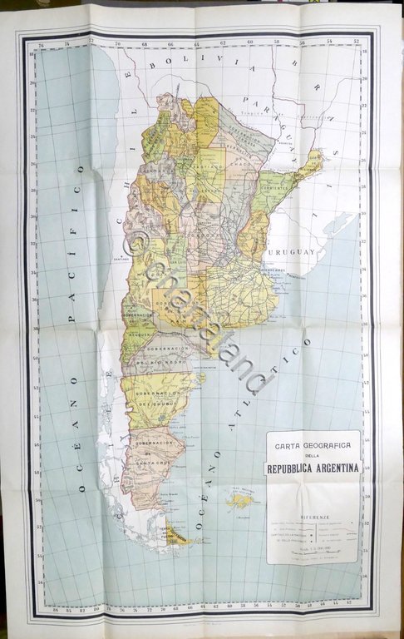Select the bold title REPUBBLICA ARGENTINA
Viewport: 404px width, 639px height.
313,468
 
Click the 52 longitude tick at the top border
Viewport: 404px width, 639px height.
356,42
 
